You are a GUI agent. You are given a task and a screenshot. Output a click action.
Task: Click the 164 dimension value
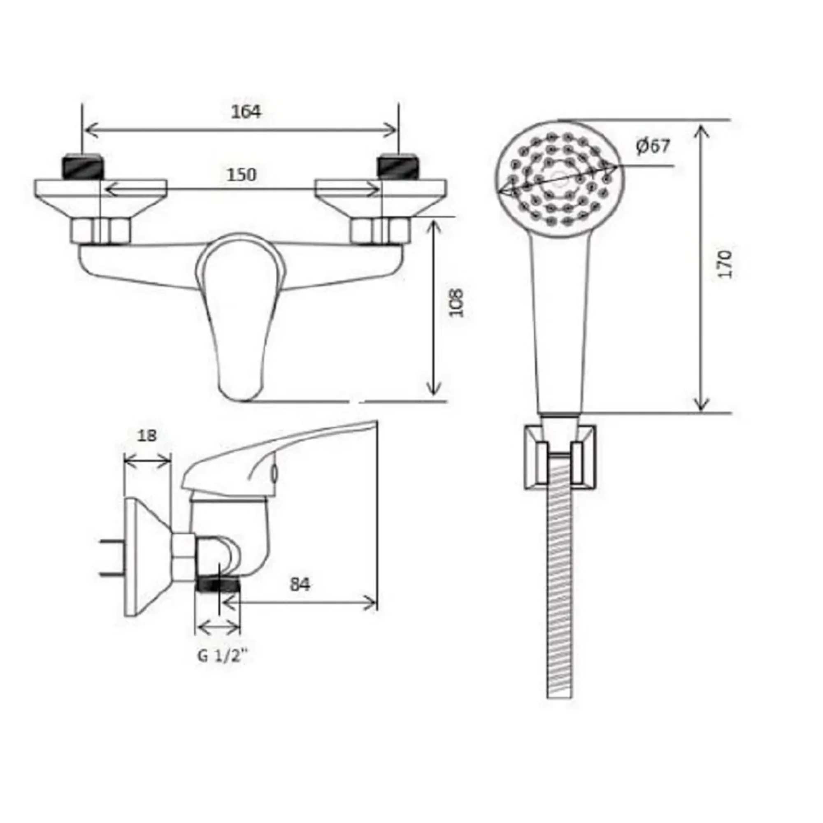coord(246,112)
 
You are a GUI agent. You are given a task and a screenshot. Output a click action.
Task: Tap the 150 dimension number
coord(242,174)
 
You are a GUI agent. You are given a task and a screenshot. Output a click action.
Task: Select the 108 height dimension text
coord(456,302)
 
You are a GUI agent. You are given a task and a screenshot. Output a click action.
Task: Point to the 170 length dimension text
coord(725,264)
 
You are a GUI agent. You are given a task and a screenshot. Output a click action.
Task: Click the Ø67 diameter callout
coord(653,146)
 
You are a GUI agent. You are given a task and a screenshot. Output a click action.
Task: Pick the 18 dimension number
coord(147,435)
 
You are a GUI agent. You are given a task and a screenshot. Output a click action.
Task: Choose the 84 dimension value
coord(300,584)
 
